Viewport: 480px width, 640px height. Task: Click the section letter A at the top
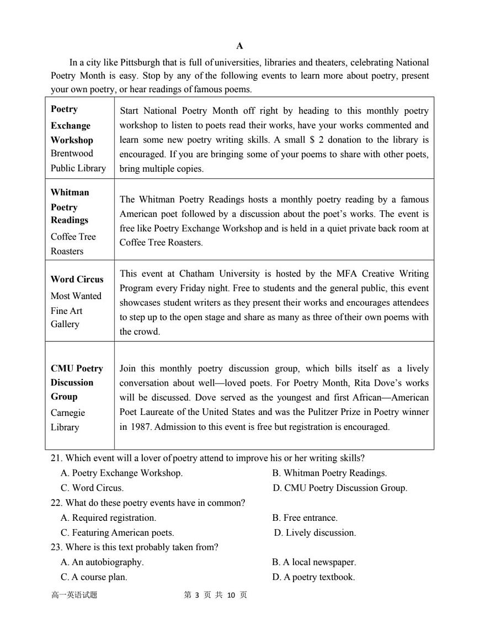239,46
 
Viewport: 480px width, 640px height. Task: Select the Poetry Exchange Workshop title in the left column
72,125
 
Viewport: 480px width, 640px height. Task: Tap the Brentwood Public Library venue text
78,161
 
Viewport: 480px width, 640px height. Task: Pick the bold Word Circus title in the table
77,279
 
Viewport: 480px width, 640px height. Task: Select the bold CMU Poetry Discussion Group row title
77,382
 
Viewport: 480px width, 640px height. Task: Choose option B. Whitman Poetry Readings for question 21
329,473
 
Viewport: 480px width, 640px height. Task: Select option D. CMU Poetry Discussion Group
340,488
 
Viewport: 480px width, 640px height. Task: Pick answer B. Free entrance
305,518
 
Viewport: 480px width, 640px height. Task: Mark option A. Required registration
108,518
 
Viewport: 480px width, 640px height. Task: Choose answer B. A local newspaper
314,562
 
